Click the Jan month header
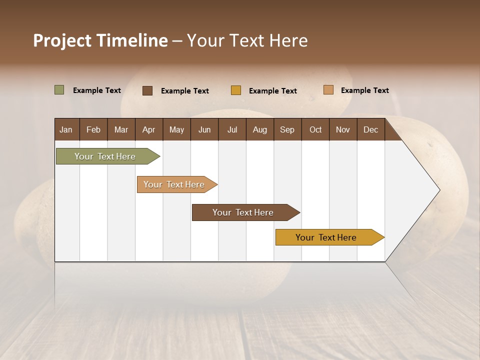[66, 129]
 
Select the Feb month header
[93, 129]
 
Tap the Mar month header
[121, 129]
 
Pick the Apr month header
[149, 129]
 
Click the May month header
[176, 129]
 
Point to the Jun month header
[204, 129]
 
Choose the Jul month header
[232, 129]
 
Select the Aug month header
[260, 129]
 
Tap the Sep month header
[287, 129]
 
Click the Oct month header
[315, 129]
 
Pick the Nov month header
[343, 129]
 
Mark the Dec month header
[371, 129]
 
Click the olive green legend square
[59, 90]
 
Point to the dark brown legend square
[147, 90]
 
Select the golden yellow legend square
[236, 90]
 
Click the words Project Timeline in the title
[100, 40]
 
